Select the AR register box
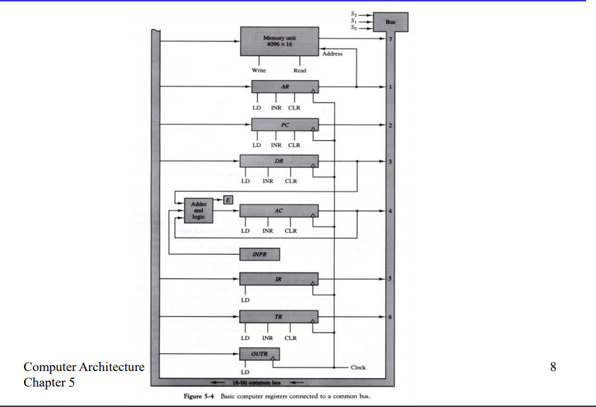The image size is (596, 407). pyautogui.click(x=285, y=87)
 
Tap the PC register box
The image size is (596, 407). pyautogui.click(x=285, y=125)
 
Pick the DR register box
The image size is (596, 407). pyautogui.click(x=278, y=162)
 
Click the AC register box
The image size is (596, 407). pyautogui.click(x=278, y=211)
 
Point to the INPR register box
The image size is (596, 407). pyautogui.click(x=260, y=253)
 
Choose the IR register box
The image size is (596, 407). pyautogui.click(x=278, y=279)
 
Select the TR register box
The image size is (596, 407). pyautogui.click(x=278, y=317)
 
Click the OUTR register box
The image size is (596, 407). pyautogui.click(x=260, y=354)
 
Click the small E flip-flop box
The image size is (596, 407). pyautogui.click(x=228, y=200)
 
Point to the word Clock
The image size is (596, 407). pyautogui.click(x=358, y=368)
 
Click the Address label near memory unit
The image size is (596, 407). pyautogui.click(x=332, y=54)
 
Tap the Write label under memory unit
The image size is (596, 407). pyautogui.click(x=259, y=70)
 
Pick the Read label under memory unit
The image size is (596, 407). pyautogui.click(x=299, y=70)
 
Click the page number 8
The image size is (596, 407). pyautogui.click(x=552, y=366)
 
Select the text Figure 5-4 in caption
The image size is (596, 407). pyautogui.click(x=199, y=396)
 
